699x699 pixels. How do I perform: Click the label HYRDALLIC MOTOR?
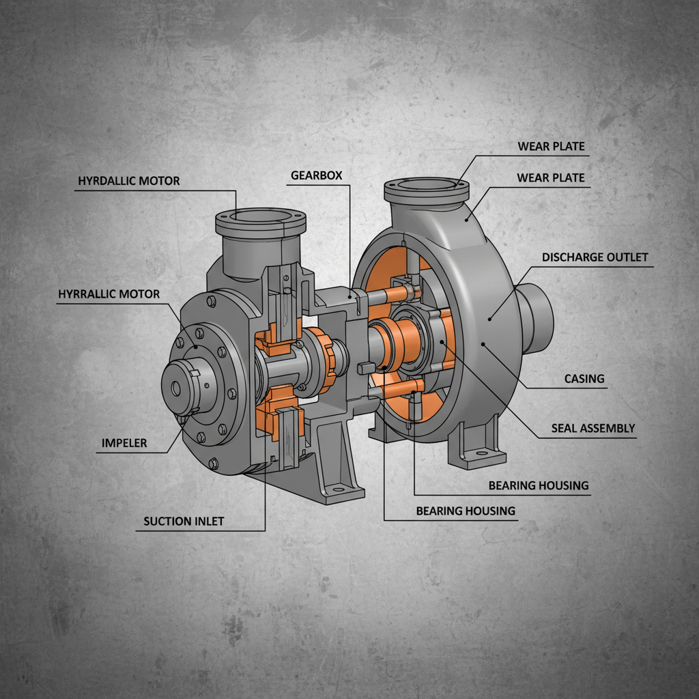coord(128,181)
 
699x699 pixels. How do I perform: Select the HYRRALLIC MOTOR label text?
coord(109,294)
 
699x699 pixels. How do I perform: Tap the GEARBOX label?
coord(316,175)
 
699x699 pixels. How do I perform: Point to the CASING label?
coord(584,378)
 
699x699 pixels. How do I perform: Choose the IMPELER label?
coord(124,442)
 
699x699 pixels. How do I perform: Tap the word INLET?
coord(208,522)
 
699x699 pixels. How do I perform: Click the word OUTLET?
coord(627,257)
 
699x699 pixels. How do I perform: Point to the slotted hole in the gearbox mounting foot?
coord(338,488)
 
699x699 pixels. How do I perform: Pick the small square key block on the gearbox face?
coord(363,368)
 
